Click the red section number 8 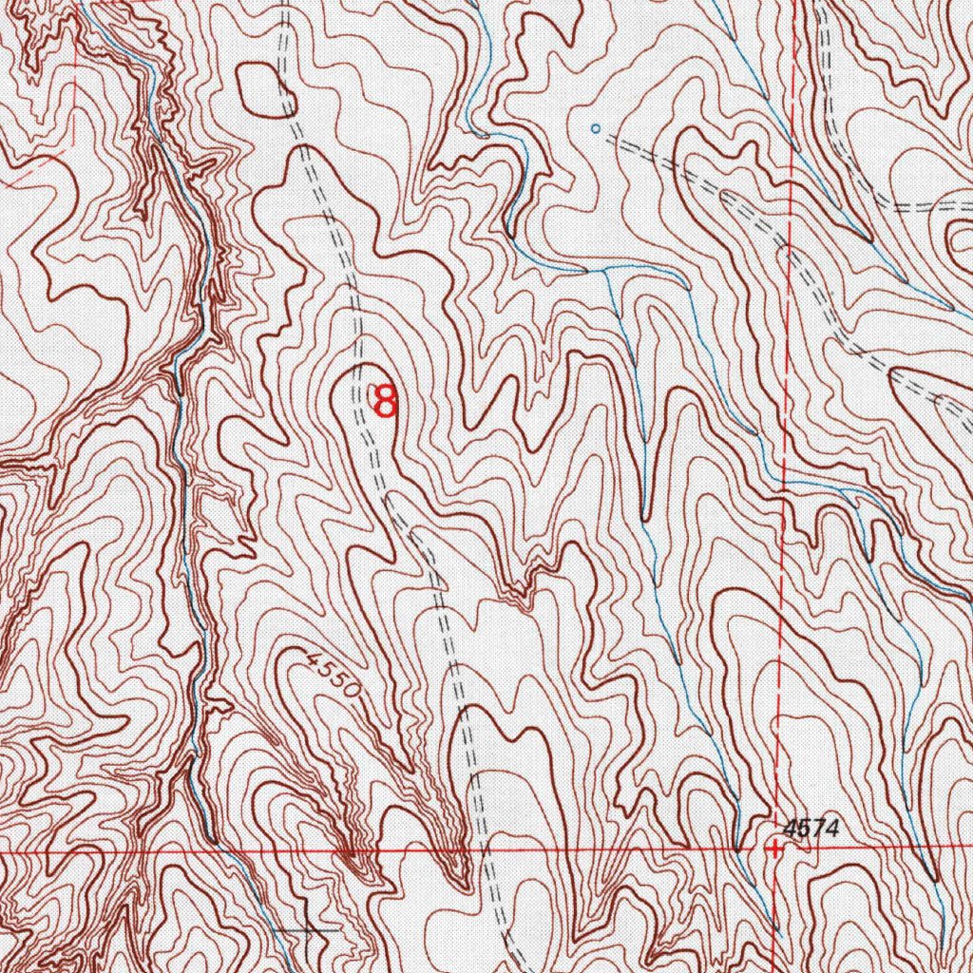(385, 400)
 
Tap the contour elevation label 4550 (334, 674)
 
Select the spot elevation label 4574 (811, 828)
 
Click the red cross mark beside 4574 (775, 849)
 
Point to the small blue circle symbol (596, 128)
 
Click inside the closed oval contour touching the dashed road (261, 89)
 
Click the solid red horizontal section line (618, 849)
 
